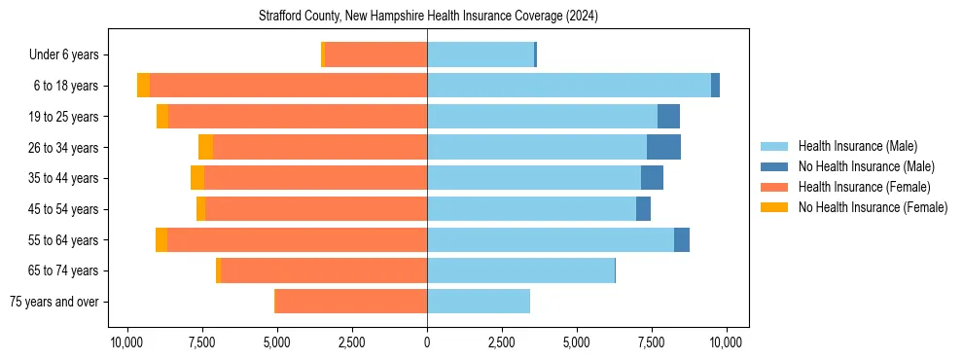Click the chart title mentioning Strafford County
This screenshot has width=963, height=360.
coord(428,17)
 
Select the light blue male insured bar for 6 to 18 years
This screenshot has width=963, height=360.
coord(569,86)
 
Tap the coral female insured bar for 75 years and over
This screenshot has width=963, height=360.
coord(351,302)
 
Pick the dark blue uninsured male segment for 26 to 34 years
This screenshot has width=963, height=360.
coord(663,147)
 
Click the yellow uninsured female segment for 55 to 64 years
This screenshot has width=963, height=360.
coord(161,240)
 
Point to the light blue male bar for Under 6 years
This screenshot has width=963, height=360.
coord(481,54)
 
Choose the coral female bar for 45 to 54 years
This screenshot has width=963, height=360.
coord(316,209)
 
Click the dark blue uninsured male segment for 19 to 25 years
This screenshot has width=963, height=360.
coord(668,117)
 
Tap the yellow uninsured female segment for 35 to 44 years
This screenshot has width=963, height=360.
coord(197,178)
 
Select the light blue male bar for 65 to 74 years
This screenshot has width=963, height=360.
coord(520,270)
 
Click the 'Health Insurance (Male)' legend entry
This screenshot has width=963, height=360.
coord(856,146)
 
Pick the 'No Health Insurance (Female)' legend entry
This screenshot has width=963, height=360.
coord(872,207)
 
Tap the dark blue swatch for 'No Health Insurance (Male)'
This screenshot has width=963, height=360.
coord(774,166)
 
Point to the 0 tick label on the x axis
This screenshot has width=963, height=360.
coord(427,342)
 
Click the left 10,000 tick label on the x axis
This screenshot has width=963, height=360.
coord(126,342)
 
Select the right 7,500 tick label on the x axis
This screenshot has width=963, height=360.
coord(652,342)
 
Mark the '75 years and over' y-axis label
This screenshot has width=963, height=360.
coord(60,302)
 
